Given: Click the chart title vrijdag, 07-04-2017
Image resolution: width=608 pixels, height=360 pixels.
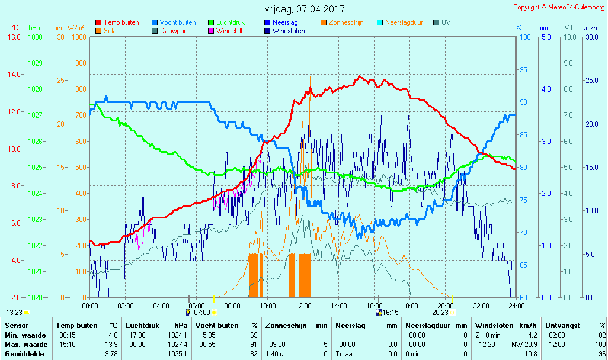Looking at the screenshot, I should click(x=304, y=9).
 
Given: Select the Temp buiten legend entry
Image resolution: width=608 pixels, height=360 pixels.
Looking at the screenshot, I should click(x=121, y=22).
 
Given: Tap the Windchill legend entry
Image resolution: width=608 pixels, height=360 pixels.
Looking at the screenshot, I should click(x=232, y=31).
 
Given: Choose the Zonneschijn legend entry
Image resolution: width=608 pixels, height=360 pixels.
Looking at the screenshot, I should click(x=345, y=22).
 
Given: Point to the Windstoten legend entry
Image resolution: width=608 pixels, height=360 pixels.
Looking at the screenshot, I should click(x=289, y=31).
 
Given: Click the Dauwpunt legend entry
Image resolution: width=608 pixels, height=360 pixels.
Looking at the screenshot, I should click(x=174, y=31).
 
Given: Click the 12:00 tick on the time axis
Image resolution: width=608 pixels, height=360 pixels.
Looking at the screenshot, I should click(x=303, y=306).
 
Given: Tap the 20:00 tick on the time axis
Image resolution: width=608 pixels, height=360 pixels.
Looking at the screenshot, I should click(x=446, y=306).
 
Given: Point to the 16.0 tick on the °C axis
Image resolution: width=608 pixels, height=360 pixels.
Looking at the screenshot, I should click(x=14, y=37).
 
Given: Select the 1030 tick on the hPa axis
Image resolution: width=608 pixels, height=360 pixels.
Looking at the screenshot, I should click(x=35, y=37).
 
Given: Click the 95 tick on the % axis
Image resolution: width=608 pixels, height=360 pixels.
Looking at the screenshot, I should click(x=523, y=70).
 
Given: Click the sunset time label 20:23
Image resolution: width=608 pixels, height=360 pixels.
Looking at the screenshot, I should click(x=440, y=312).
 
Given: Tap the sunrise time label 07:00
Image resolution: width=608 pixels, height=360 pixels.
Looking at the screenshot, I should click(x=202, y=312).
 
